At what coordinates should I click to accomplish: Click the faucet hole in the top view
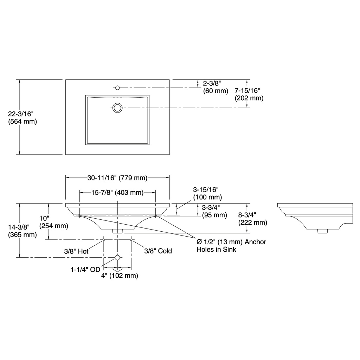pyautogui.click(x=117, y=88)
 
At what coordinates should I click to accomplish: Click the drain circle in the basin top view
pyautogui.click(x=117, y=108)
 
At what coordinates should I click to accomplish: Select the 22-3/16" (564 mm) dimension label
pyautogui.click(x=22, y=118)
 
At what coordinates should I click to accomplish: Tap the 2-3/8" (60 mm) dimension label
pyautogui.click(x=216, y=87)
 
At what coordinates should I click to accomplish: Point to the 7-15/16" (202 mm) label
pyautogui.click(x=249, y=94)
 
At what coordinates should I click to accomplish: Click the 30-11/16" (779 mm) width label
pyautogui.click(x=117, y=178)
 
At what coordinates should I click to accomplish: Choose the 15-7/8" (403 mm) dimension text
pyautogui.click(x=117, y=192)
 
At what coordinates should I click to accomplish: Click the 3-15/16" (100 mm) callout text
pyautogui.click(x=207, y=193)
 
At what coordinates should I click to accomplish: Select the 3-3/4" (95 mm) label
pyautogui.click(x=214, y=211)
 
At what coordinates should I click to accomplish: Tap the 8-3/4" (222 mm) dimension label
pyautogui.click(x=253, y=219)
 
